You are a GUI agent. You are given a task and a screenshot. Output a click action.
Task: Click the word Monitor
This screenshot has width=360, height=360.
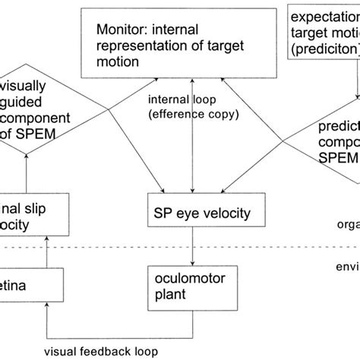point(119,30)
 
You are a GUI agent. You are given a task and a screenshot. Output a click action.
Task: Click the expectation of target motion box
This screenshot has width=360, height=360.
point(323,29)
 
